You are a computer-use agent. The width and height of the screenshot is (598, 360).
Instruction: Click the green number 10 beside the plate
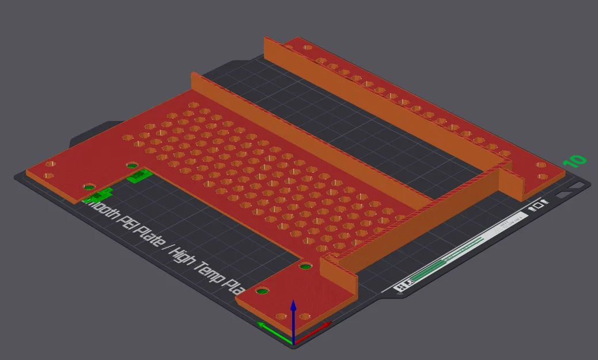tap(575, 161)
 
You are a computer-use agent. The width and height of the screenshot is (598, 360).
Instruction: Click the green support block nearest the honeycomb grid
tap(138, 175)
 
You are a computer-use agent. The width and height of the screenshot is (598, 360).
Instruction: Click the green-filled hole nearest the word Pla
tap(263, 291)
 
